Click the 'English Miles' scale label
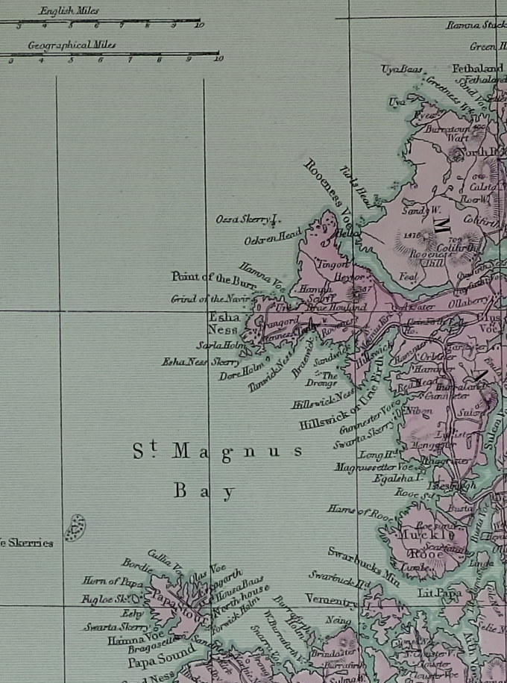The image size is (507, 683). pos(69,11)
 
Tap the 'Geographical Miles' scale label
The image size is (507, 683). pos(72,46)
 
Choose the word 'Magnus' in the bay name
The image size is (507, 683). pos(238,452)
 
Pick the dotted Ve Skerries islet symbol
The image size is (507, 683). pos(75,528)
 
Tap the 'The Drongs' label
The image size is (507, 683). pos(322,379)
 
